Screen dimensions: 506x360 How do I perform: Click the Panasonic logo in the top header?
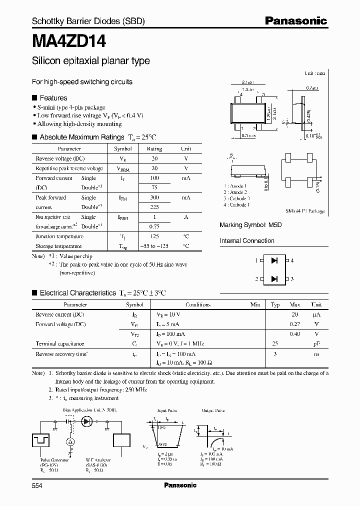[x=295, y=20]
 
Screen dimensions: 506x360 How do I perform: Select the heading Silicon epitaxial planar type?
[x=90, y=61]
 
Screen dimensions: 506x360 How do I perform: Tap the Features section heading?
[x=53, y=98]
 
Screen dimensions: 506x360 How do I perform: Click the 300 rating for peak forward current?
[x=154, y=197]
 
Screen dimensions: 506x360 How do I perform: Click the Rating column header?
[x=154, y=149]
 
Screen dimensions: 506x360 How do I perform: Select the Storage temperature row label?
[x=58, y=246]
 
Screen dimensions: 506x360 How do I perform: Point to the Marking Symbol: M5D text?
[x=250, y=225]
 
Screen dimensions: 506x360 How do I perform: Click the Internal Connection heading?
[x=247, y=241]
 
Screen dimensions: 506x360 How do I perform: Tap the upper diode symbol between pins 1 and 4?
[x=274, y=260]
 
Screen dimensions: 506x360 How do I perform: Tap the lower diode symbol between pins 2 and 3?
[x=274, y=278]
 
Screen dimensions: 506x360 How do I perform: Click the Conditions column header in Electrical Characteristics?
[x=198, y=304]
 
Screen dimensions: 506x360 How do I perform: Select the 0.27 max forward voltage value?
[x=295, y=324]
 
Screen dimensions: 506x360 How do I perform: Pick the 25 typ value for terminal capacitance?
[x=275, y=343]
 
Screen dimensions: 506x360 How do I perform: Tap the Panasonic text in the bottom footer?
[x=180, y=485]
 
